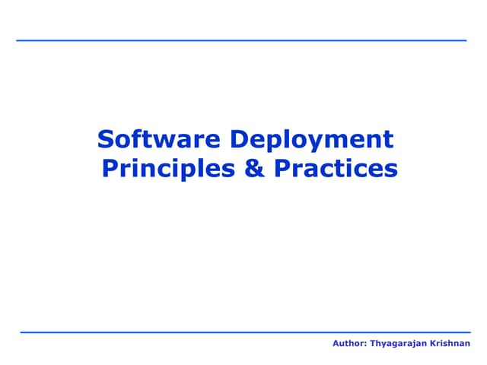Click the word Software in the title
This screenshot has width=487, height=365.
pyautogui.click(x=158, y=140)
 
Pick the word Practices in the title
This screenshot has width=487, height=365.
pyautogui.click(x=335, y=167)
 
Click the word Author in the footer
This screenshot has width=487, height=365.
pyautogui.click(x=349, y=344)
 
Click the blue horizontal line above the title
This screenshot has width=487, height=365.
pyautogui.click(x=241, y=40)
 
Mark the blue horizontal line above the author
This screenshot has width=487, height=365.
pyautogui.click(x=245, y=332)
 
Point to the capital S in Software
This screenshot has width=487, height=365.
pyautogui.click(x=106, y=140)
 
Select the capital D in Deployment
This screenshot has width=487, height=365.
pyautogui.click(x=237, y=140)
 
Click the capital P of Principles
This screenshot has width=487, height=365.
pyautogui.click(x=109, y=167)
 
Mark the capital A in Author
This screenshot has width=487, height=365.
pyautogui.click(x=336, y=344)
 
